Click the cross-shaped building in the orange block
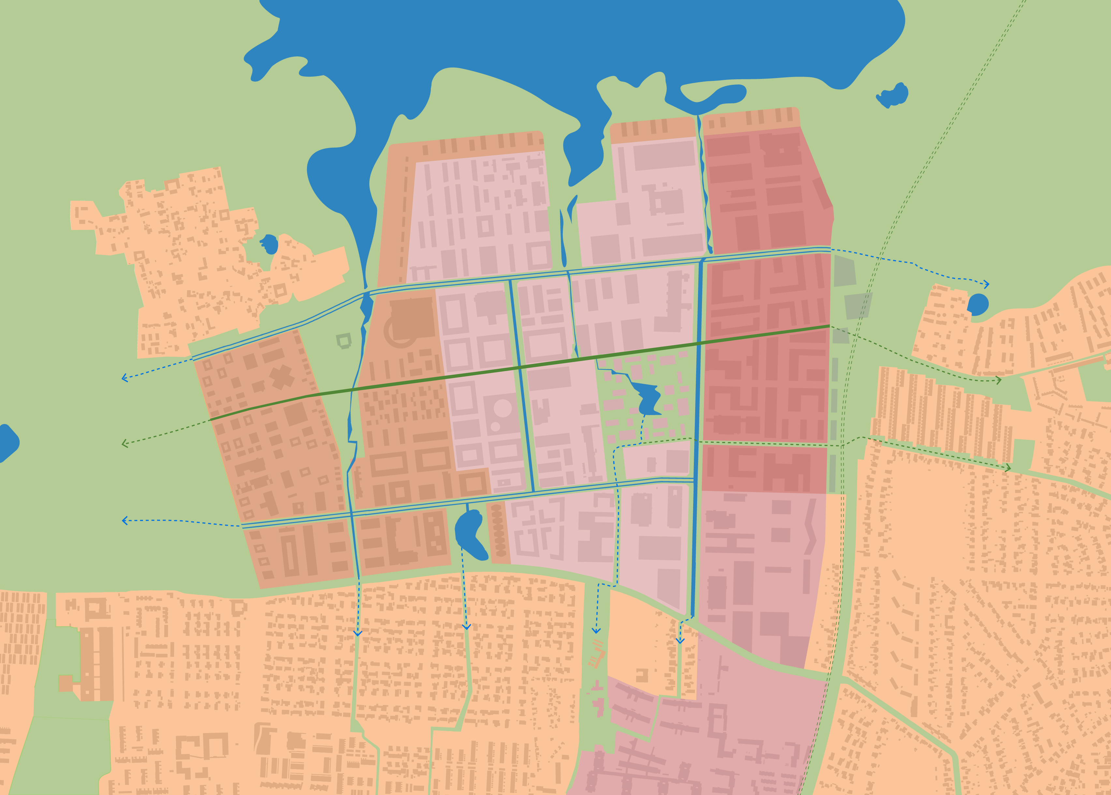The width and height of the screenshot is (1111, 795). point(281,377)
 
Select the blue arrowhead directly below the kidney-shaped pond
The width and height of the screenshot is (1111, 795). point(466,627)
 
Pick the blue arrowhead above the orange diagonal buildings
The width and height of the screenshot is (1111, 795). point(596,631)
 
